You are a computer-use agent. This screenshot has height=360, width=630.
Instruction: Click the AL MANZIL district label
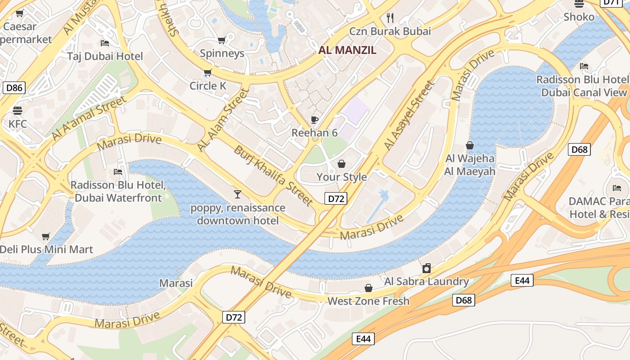(347, 50)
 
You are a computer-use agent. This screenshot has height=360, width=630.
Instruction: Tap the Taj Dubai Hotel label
(105, 56)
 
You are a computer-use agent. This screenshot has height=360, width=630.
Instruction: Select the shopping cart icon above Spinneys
(221, 40)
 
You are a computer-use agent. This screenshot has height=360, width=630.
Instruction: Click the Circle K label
(208, 85)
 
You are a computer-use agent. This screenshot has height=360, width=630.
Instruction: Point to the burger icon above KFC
(18, 111)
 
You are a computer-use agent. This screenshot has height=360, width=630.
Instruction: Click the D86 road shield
(14, 87)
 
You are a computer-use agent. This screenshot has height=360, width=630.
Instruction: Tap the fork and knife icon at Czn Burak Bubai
(390, 18)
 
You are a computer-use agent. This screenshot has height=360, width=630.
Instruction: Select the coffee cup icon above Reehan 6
(315, 120)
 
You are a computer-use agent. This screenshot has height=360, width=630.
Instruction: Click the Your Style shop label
(342, 177)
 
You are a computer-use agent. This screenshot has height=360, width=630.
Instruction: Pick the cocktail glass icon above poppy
(238, 194)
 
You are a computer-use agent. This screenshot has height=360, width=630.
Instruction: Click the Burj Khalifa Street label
(273, 175)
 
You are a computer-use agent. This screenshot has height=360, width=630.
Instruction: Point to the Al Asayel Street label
(409, 115)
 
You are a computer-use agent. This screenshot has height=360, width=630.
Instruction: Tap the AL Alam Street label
(223, 120)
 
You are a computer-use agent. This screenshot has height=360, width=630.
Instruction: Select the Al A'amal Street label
(89, 118)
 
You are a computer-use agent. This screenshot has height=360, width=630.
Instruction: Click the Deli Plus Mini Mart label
(46, 249)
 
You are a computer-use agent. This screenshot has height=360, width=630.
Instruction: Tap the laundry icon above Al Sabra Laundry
(426, 269)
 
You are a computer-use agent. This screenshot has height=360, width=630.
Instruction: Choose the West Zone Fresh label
(369, 301)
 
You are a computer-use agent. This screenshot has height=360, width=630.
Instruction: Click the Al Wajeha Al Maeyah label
(470, 165)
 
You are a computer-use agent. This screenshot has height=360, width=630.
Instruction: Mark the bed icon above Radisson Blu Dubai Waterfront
(118, 172)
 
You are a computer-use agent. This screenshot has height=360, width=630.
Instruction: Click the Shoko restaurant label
(579, 17)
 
